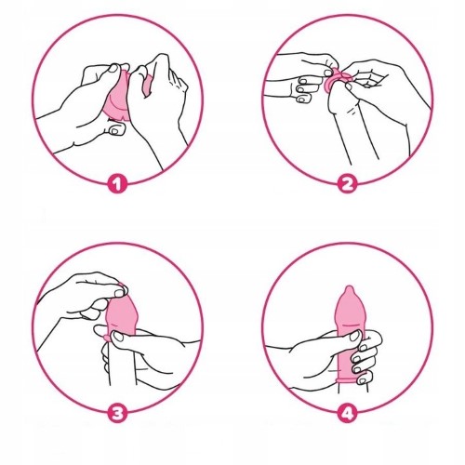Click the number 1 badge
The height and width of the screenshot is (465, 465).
pyautogui.click(x=117, y=184)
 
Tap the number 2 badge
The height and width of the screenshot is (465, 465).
pyautogui.click(x=347, y=184)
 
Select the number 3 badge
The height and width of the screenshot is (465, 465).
pyautogui.click(x=117, y=413)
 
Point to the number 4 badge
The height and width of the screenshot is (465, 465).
pyautogui.click(x=347, y=413)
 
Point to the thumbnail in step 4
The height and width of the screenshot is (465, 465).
pyautogui.click(x=355, y=336)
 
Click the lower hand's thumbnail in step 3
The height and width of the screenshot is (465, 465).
pyautogui.click(x=118, y=337)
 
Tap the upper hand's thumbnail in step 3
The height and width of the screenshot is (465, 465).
pyautogui.click(x=119, y=293)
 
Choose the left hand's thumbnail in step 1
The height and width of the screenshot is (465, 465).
pyautogui.click(x=113, y=68)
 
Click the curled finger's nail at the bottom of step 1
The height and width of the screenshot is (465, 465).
pyautogui.click(x=114, y=131)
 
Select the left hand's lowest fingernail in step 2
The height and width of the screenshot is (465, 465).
pyautogui.click(x=301, y=100)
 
